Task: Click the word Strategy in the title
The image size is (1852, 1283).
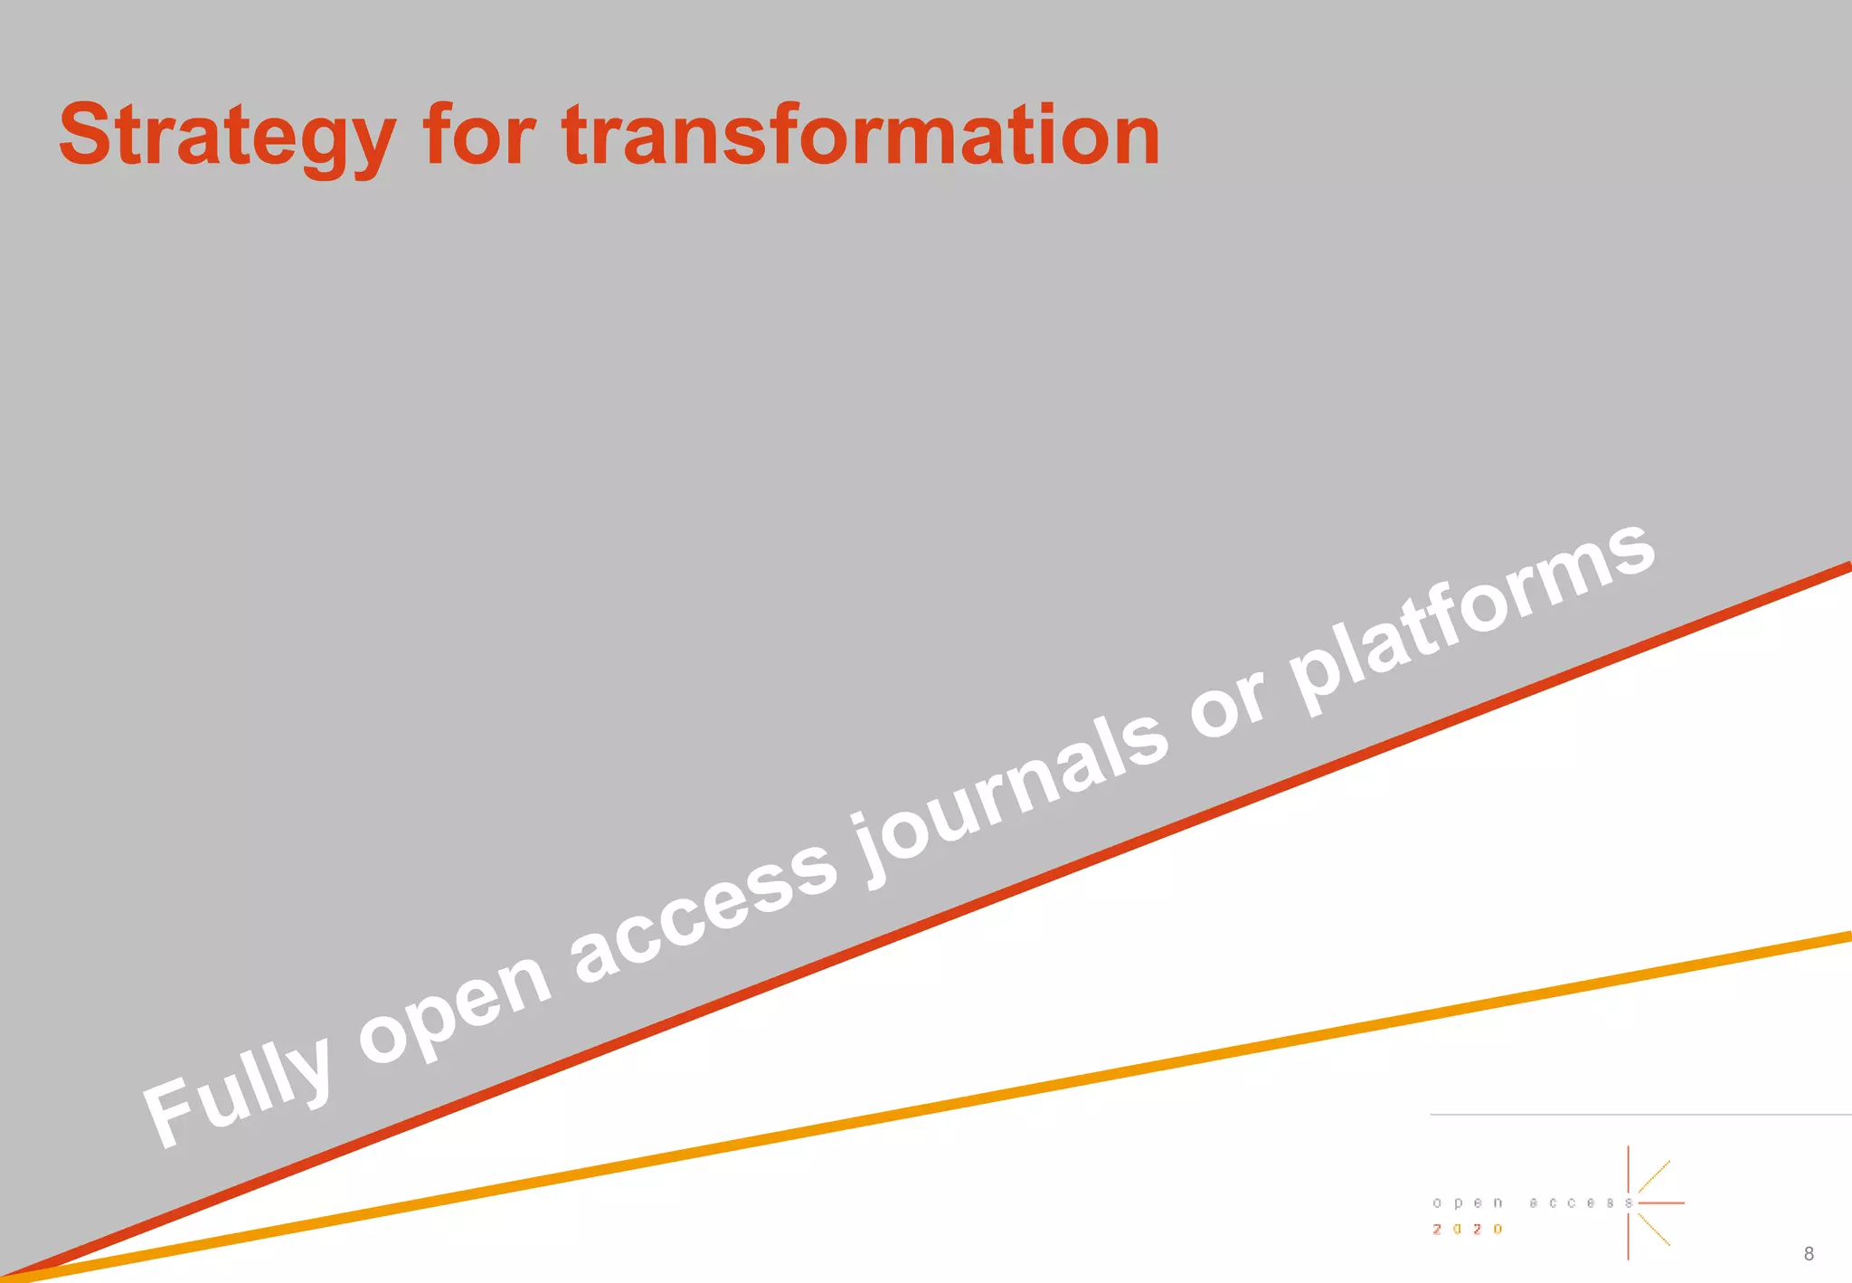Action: [226, 136]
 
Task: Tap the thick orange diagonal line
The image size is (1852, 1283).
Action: [1085, 1077]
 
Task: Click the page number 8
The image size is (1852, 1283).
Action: [1808, 1253]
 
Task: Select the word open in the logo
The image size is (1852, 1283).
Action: [1467, 1202]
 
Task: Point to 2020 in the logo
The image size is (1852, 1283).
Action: [1467, 1229]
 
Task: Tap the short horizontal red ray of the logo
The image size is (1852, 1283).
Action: [1662, 1202]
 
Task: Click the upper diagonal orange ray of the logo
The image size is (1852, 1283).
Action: [1655, 1175]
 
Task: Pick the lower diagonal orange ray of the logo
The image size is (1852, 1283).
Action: [1655, 1231]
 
